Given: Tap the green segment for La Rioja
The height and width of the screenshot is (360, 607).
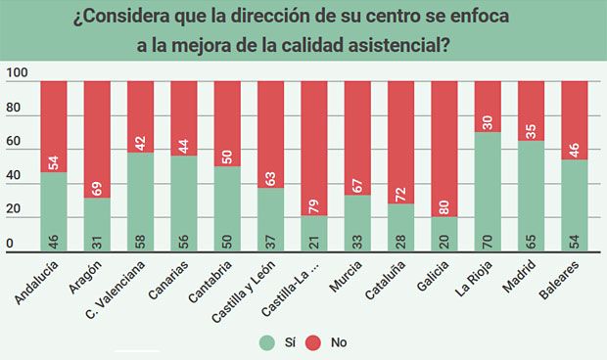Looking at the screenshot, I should (488, 191).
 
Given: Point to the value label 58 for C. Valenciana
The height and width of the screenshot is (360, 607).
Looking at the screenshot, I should (140, 240).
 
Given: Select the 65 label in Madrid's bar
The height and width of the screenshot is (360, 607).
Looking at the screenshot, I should (531, 240).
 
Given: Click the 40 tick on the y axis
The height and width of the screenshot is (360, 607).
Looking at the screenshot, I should (13, 176).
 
